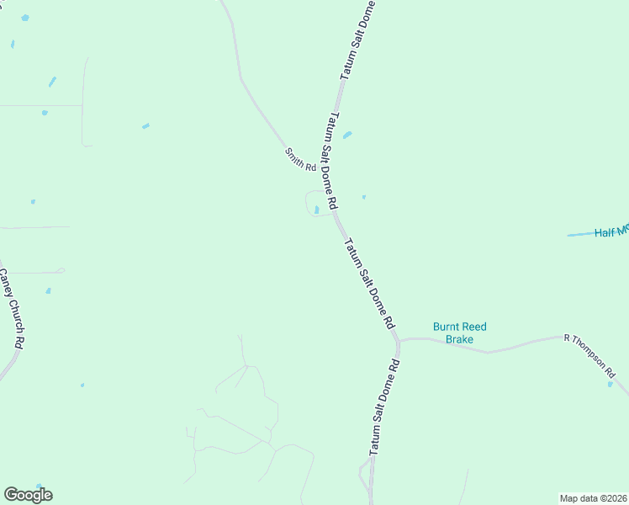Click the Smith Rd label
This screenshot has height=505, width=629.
point(299,159)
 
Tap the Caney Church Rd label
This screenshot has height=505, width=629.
point(11,309)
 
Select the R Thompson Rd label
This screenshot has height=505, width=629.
point(590,354)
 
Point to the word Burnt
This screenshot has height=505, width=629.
point(448,327)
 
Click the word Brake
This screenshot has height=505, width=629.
point(460,339)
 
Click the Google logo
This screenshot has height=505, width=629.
point(28,495)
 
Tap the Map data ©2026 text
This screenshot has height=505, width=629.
point(594,498)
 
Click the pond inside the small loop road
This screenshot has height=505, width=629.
point(316,210)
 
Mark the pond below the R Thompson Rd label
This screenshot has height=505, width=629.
point(610,384)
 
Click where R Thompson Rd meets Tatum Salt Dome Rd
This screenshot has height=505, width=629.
point(399,341)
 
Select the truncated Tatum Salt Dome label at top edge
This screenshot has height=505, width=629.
point(357,40)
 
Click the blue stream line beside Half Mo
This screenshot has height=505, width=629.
point(579,234)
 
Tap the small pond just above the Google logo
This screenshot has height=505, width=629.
point(82,385)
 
